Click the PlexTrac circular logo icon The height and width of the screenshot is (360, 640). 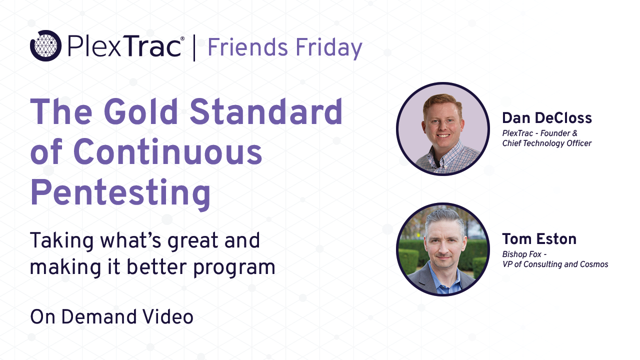pyautogui.click(x=45, y=46)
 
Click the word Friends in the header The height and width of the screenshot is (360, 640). pyautogui.click(x=247, y=48)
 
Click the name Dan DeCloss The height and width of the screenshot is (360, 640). pyautogui.click(x=546, y=118)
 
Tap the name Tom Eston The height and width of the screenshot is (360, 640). pyautogui.click(x=539, y=239)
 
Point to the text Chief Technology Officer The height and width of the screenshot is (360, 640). pyautogui.click(x=546, y=143)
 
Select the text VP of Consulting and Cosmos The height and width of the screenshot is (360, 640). pyautogui.click(x=555, y=264)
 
